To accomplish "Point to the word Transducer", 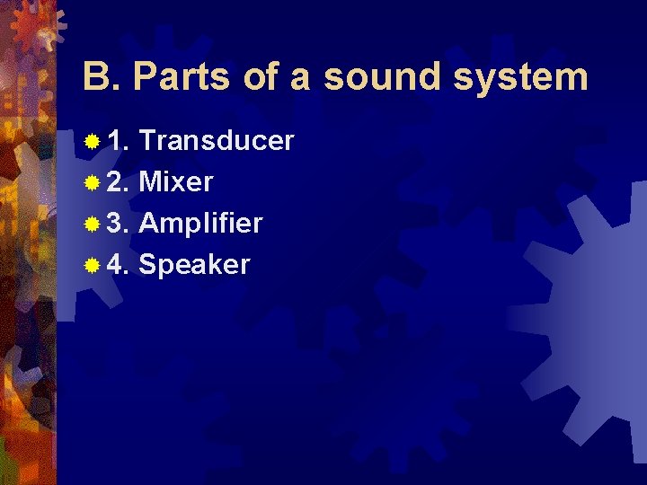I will [217, 141].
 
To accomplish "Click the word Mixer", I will [176, 182].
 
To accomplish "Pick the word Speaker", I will [195, 266].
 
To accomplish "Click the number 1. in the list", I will [119, 141].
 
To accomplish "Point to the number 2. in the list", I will [119, 182].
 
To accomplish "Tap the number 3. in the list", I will [119, 224].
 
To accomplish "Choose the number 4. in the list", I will [119, 265].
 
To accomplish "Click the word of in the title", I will [261, 77].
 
